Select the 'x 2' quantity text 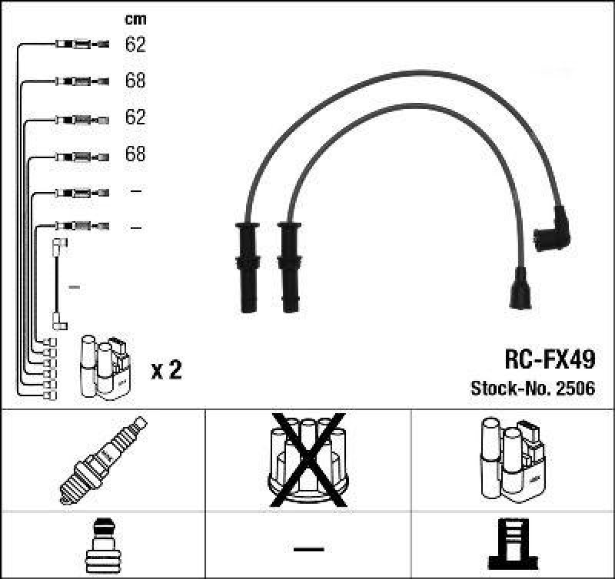(x=166, y=370)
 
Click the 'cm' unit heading (x=135, y=19)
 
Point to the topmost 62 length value (x=135, y=45)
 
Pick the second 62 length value (x=135, y=117)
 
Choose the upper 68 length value (x=135, y=81)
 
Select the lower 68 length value (x=135, y=154)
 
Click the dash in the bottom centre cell (x=308, y=548)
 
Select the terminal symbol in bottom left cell (x=103, y=545)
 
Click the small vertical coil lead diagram (x=58, y=284)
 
